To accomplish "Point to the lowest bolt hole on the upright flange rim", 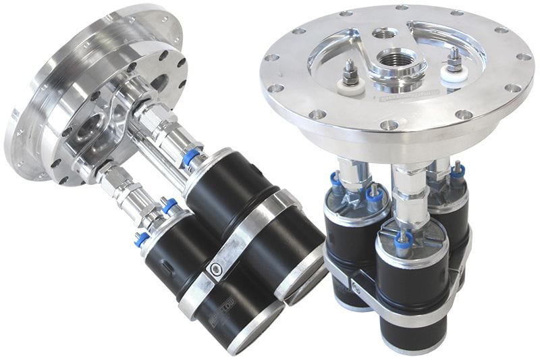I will point(389,125).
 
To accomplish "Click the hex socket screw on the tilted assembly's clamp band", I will point(215,267).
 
